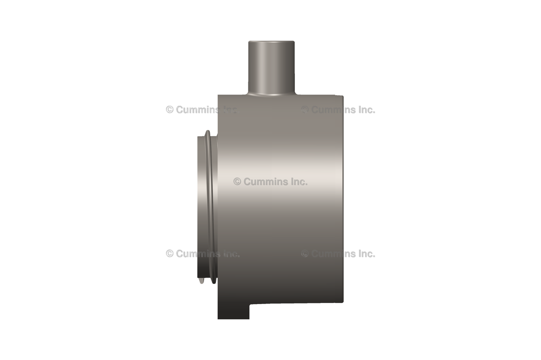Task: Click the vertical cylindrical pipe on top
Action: point(272,66)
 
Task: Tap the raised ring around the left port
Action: point(211,206)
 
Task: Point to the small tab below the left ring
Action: point(202,280)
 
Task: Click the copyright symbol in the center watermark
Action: point(237,182)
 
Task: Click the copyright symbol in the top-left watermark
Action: point(170,110)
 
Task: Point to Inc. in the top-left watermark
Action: point(230,110)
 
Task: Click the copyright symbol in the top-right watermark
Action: point(305,110)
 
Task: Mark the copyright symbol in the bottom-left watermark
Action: point(170,253)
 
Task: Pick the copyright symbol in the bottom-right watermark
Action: point(305,253)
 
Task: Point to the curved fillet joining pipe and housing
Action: point(272,94)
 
